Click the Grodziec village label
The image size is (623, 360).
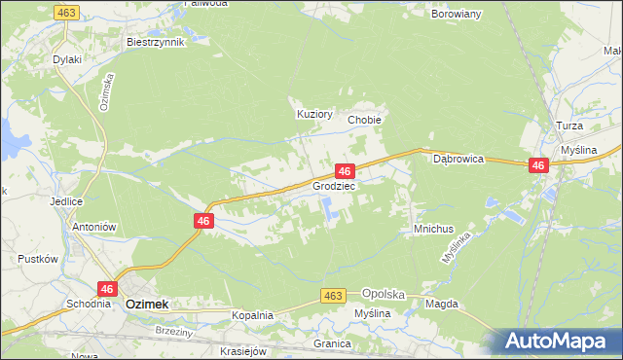(x=334, y=185)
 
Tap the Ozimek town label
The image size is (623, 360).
(x=147, y=305)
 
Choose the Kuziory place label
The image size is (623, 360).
(x=314, y=114)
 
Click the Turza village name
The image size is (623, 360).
(x=569, y=127)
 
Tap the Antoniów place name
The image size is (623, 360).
(x=94, y=227)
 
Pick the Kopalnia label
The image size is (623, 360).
(x=252, y=315)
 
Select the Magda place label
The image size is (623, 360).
(x=441, y=305)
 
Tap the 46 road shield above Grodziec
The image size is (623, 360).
(x=344, y=170)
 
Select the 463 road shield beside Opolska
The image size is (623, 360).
(x=334, y=296)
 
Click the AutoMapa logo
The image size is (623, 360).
(x=561, y=341)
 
